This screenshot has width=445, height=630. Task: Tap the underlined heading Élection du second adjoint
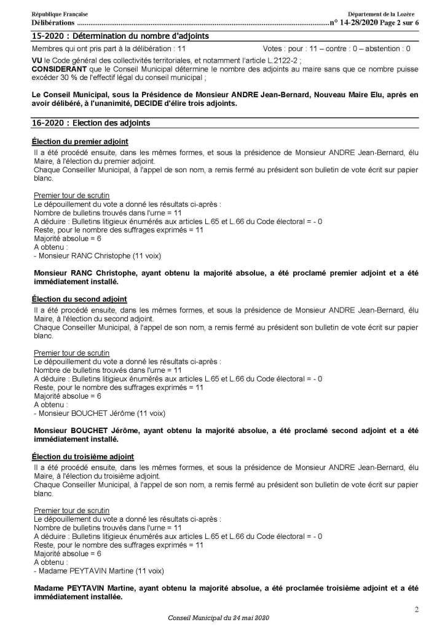[79, 298]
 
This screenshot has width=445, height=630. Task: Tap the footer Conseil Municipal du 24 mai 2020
[218, 617]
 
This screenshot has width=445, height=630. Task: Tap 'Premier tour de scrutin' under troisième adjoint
[72, 510]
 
